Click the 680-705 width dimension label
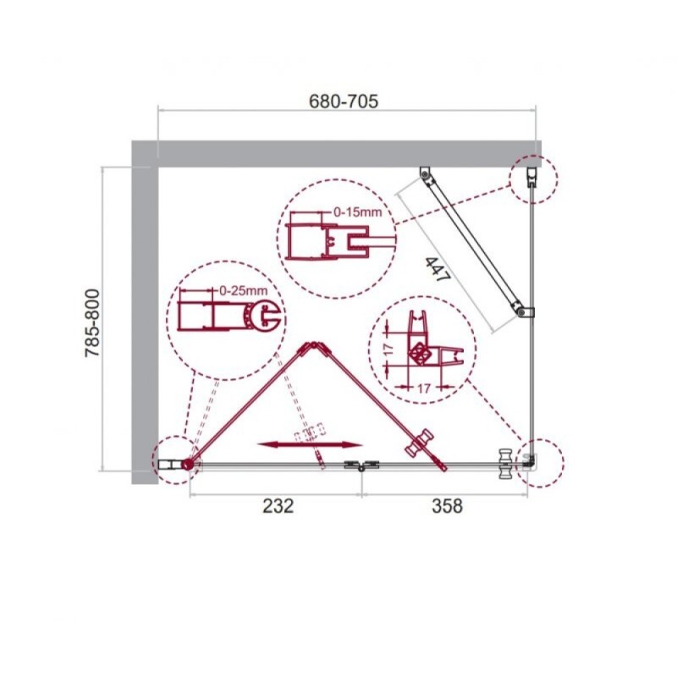(x=344, y=101)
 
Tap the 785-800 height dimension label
(x=92, y=323)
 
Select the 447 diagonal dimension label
(x=438, y=269)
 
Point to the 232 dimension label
(x=278, y=505)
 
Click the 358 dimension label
(x=447, y=505)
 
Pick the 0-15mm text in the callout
(x=357, y=212)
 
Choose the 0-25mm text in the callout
(x=243, y=290)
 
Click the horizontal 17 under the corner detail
(x=424, y=388)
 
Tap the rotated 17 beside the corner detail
(x=389, y=350)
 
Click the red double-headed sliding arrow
(x=309, y=445)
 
